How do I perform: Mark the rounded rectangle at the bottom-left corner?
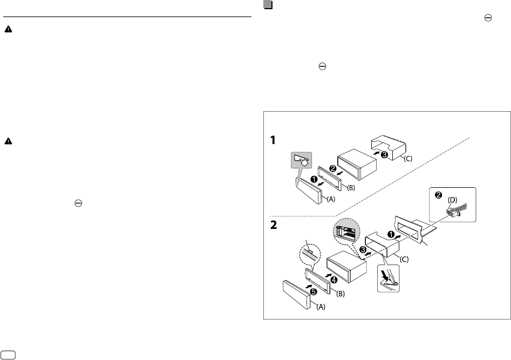9,354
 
